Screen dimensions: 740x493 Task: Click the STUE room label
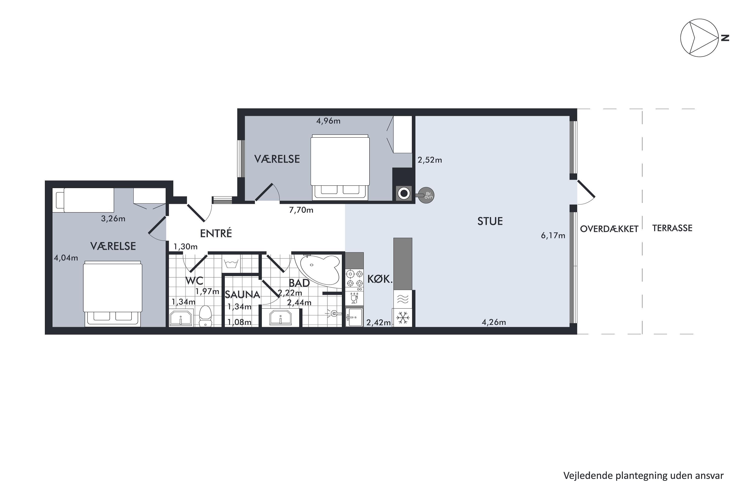click(490, 221)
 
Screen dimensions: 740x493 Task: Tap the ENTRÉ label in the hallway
click(216, 233)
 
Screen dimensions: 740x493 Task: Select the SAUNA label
click(242, 295)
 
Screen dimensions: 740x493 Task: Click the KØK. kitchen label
click(380, 279)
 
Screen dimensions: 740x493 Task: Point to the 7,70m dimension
click(301, 210)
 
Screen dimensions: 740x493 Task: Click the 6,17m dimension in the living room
click(553, 235)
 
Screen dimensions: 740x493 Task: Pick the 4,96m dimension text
click(328, 121)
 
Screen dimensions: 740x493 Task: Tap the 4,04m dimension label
click(66, 258)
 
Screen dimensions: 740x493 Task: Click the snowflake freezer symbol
click(402, 317)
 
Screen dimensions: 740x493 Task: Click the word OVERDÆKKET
click(609, 229)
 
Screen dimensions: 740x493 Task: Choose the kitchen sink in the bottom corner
click(354, 317)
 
